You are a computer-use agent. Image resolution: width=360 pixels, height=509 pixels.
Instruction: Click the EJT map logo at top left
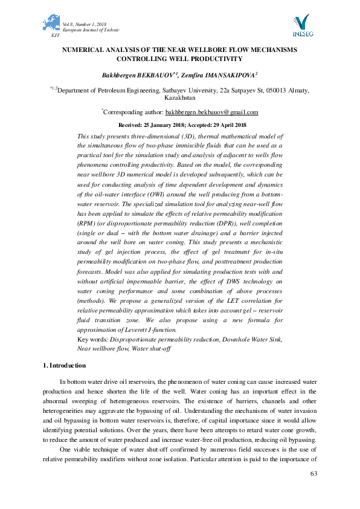click(x=51, y=24)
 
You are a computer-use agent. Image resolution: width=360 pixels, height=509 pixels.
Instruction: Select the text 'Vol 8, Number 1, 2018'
click(x=85, y=24)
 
